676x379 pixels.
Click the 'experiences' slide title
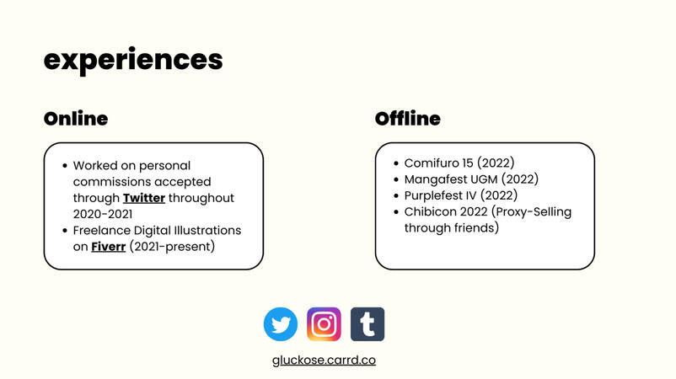(x=133, y=60)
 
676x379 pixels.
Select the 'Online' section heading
(x=76, y=119)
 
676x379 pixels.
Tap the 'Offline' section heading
(x=408, y=119)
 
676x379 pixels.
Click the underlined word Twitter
(x=144, y=198)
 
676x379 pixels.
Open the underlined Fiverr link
(x=109, y=247)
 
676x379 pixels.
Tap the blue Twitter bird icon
(x=281, y=324)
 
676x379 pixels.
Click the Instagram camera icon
(x=324, y=324)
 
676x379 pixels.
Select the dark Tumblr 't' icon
(x=368, y=324)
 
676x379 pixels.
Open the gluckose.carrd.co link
(x=324, y=360)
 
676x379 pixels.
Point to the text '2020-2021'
(x=103, y=214)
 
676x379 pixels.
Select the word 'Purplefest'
(x=434, y=196)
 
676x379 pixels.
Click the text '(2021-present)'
(x=172, y=247)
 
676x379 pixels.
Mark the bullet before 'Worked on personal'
(x=65, y=165)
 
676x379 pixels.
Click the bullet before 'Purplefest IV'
(x=396, y=195)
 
